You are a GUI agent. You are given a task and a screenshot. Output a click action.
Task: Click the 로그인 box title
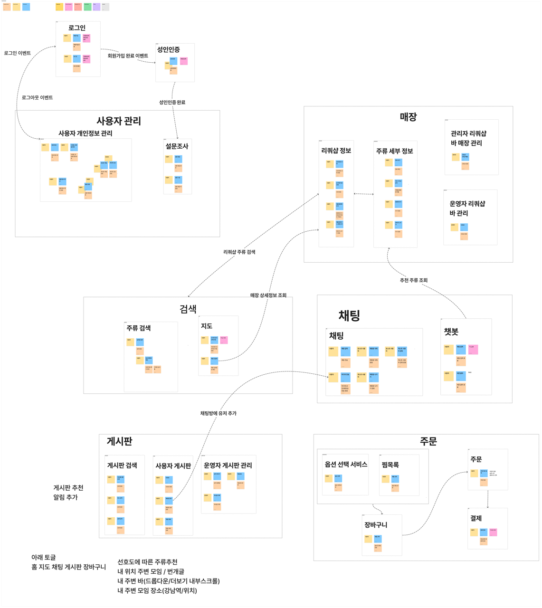(x=77, y=28)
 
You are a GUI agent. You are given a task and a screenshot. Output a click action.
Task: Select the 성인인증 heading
(x=169, y=49)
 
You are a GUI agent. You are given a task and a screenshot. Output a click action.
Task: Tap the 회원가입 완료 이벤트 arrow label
(x=128, y=56)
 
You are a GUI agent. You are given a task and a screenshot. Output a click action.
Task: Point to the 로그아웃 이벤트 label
(x=37, y=97)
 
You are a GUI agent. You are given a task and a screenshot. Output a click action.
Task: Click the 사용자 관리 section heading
(x=119, y=121)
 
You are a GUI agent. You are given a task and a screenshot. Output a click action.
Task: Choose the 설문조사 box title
(x=177, y=146)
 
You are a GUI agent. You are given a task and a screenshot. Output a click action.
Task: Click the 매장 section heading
(x=408, y=117)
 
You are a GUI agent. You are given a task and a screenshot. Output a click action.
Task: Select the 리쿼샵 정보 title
(x=336, y=151)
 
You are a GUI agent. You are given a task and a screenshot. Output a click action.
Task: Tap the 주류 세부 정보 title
(x=394, y=151)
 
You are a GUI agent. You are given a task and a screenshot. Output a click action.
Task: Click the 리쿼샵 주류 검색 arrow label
(x=239, y=252)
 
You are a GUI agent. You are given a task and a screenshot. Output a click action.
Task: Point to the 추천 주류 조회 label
(x=413, y=280)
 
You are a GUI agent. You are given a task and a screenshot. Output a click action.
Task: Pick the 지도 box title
(x=207, y=326)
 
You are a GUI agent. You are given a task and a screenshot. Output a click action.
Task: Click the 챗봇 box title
(x=451, y=331)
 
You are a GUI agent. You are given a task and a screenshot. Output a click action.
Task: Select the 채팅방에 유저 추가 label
(x=218, y=413)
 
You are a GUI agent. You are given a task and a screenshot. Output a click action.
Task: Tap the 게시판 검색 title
(x=122, y=465)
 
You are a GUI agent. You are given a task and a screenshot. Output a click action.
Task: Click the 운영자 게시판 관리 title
(x=228, y=465)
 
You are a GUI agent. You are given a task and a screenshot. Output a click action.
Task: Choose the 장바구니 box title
(x=376, y=525)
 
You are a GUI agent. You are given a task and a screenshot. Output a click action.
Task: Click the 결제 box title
(x=476, y=518)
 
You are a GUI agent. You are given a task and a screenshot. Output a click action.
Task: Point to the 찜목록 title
(x=390, y=465)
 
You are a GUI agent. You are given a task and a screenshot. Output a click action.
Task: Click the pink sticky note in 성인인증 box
(x=184, y=61)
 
